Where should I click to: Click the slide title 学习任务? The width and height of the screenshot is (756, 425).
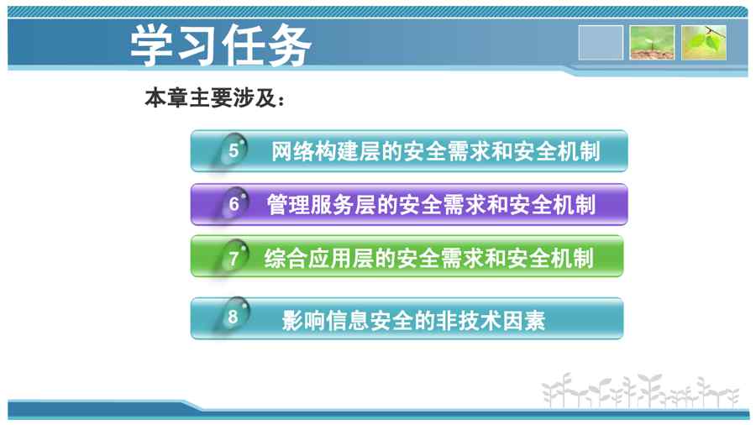pos(220,45)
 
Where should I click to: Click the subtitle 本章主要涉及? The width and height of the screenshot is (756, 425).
pos(211,98)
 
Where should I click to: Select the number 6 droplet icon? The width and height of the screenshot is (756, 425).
pos(233,203)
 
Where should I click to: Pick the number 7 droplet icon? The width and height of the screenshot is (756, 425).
pos(233,257)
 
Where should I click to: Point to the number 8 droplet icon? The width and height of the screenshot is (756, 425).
pos(233,316)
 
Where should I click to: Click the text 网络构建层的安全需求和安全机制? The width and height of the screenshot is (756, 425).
pos(436,151)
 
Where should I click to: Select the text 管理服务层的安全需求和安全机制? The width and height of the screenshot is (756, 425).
pos(432,204)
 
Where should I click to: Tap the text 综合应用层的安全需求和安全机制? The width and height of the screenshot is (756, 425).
pos(429,259)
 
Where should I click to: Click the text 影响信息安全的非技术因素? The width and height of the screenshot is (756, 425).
pos(413,321)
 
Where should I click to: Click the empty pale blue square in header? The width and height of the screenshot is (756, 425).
pos(601,43)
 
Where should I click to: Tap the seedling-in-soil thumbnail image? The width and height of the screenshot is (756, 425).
pos(652,43)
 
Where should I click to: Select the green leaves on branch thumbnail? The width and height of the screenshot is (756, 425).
pos(704,43)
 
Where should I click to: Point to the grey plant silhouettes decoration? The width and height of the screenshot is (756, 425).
pos(640,391)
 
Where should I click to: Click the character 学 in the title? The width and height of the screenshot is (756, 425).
pos(151,45)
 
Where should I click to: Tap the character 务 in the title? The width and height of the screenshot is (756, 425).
pos(290,45)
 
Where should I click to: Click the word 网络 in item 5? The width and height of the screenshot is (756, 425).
pos(292,151)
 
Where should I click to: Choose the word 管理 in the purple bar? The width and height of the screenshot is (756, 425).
pos(288,204)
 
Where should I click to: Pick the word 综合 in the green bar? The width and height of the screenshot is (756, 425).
pos(286,259)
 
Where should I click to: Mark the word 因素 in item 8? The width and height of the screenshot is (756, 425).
pos(524,321)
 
